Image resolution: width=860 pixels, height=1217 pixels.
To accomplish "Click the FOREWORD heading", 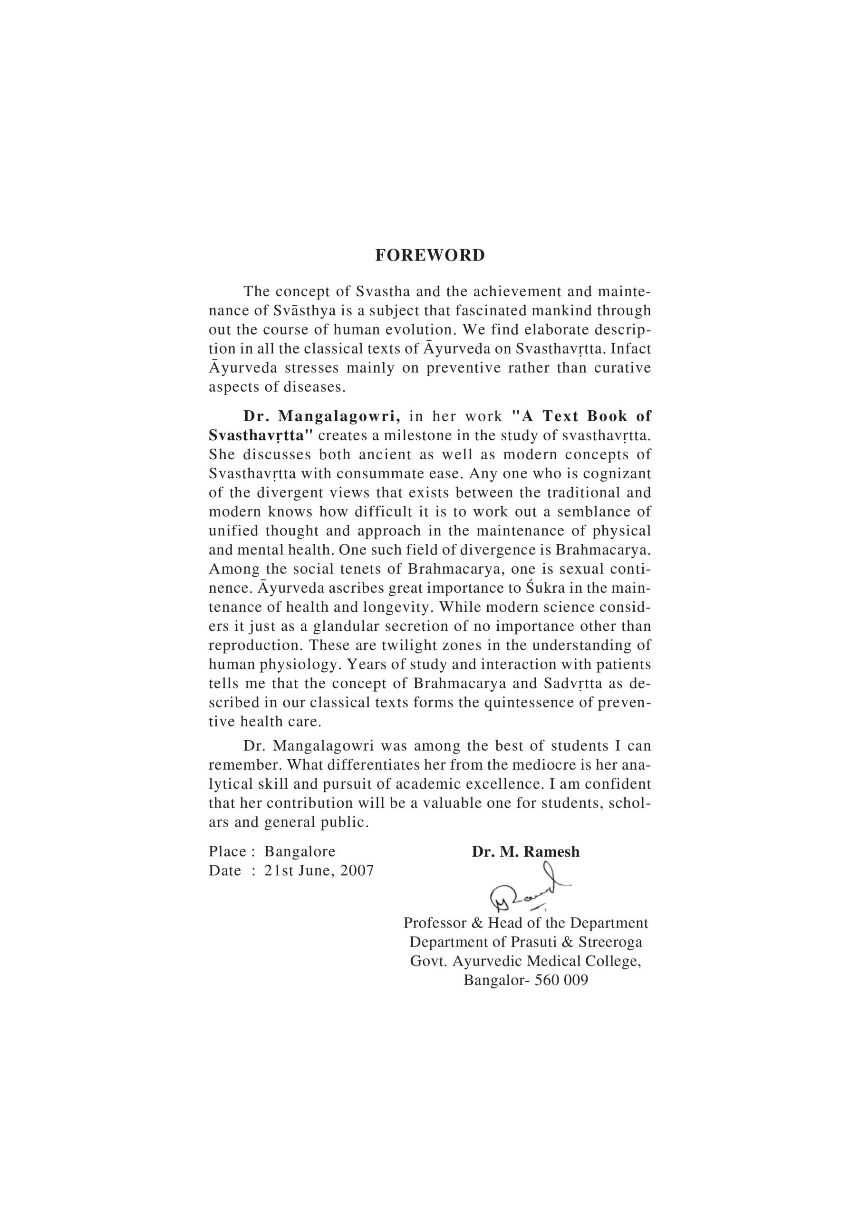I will (x=429, y=255).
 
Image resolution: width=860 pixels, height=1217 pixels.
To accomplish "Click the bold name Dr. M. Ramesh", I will (x=525, y=852).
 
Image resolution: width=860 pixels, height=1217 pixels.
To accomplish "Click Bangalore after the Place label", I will (x=300, y=852).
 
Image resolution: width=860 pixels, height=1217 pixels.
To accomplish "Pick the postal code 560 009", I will (x=561, y=980).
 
